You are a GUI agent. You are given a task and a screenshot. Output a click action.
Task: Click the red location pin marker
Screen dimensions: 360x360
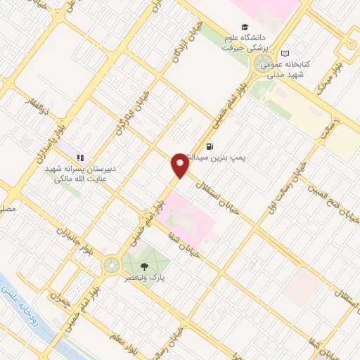[x=180, y=165]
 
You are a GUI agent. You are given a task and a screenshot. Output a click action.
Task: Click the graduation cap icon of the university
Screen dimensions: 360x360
[x=244, y=27]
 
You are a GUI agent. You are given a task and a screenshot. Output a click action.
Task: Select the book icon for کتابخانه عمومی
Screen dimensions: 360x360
[x=284, y=53]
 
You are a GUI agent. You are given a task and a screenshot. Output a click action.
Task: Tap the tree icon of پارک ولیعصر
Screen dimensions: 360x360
[x=144, y=266]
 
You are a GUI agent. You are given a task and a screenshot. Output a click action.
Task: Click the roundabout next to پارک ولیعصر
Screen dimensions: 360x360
[x=111, y=265]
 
